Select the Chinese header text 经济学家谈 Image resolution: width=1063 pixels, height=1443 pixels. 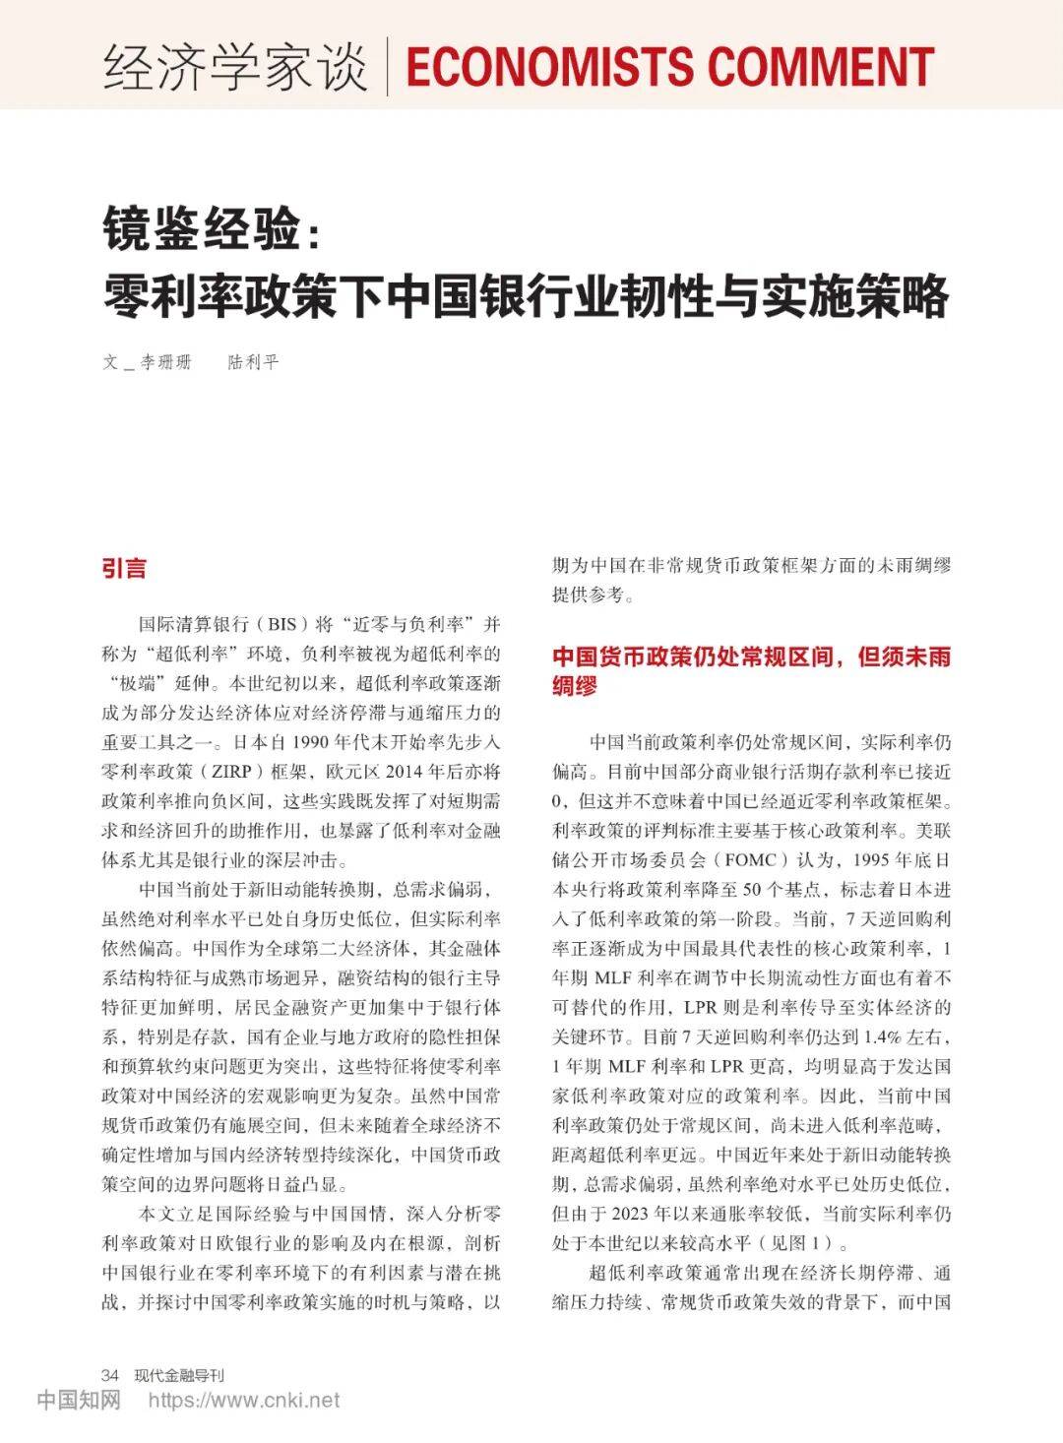(x=235, y=67)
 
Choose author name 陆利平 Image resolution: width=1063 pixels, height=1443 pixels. (x=254, y=362)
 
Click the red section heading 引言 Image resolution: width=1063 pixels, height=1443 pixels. (x=124, y=569)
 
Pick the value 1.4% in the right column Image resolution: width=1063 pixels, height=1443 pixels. (x=887, y=1036)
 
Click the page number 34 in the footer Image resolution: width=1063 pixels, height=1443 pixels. (x=110, y=1374)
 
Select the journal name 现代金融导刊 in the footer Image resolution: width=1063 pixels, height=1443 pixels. (x=179, y=1374)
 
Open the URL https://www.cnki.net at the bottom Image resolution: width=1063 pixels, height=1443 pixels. (x=243, y=1400)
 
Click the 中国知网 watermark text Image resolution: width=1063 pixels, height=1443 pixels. (x=79, y=1400)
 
